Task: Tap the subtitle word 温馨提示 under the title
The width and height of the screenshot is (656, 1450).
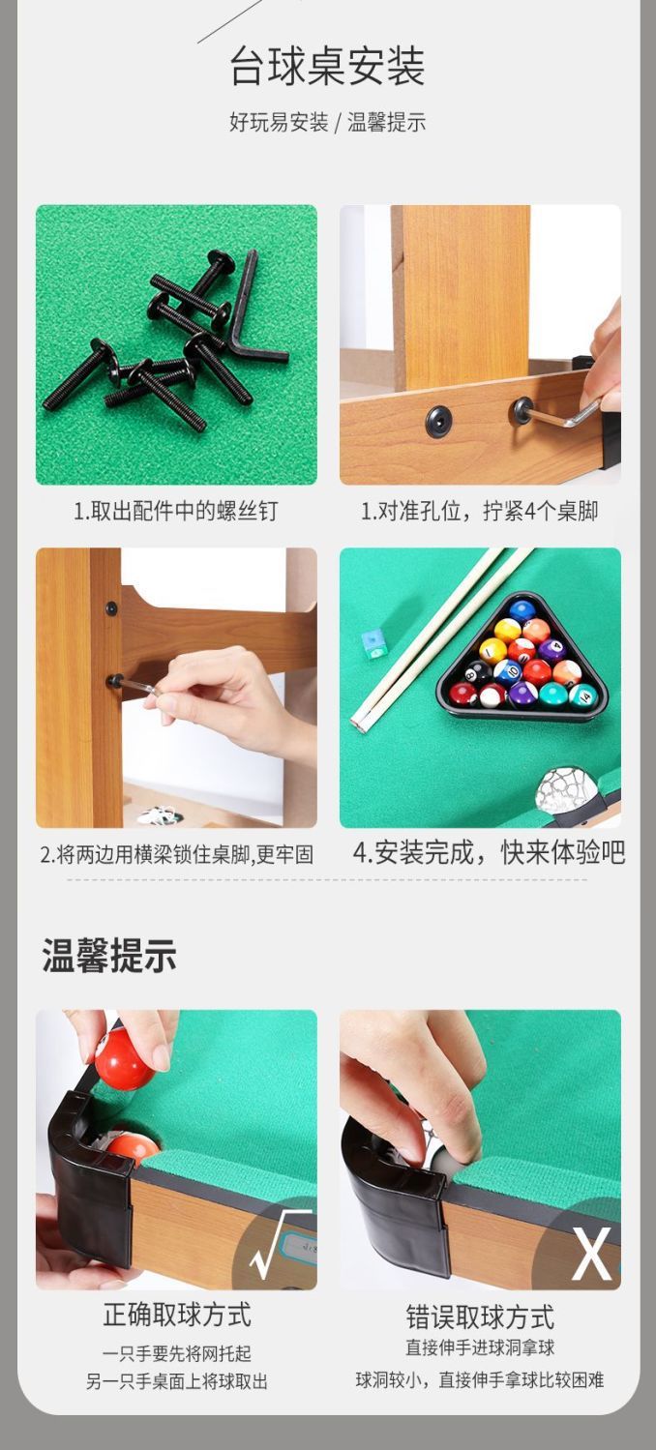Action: (386, 123)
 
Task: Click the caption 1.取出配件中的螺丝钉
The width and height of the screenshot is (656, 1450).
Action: (175, 512)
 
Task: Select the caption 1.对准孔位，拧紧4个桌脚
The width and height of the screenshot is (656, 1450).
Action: (479, 512)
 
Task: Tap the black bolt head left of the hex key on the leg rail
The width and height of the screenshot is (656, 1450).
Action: (438, 421)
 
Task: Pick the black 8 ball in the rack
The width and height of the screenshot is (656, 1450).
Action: (478, 672)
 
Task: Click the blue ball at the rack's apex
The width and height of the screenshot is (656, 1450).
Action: (522, 610)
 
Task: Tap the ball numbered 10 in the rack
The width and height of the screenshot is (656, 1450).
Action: (508, 671)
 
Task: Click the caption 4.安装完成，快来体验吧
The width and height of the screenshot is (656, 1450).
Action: (489, 852)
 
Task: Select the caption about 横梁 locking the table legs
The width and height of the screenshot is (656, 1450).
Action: (176, 854)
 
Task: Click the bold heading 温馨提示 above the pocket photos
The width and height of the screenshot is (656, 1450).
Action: (109, 956)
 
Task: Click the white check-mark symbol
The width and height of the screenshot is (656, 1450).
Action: (280, 1244)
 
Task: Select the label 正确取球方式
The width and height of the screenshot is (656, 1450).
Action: (177, 1315)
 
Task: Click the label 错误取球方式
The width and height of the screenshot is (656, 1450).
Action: (480, 1317)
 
